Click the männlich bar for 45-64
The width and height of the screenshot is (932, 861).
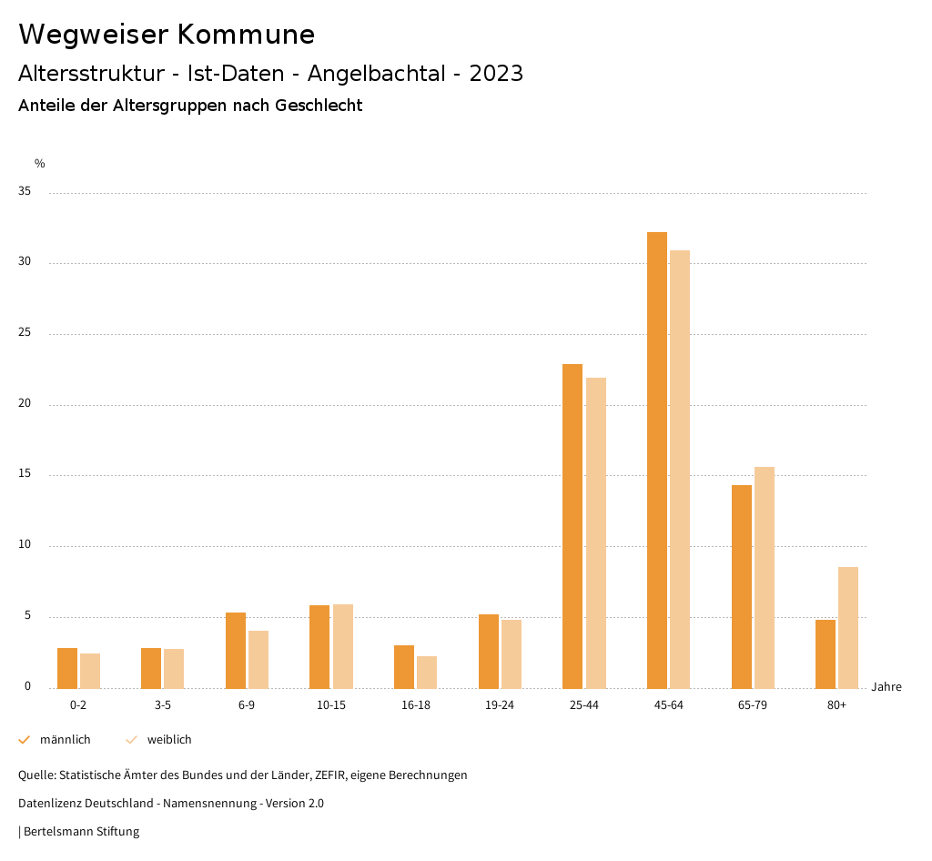coord(657,460)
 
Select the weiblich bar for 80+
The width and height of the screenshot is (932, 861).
coord(848,627)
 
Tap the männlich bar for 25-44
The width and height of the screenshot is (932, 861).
coord(572,526)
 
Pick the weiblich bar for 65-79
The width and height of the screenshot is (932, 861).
coord(765,577)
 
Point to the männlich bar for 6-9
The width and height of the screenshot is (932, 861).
coord(236,650)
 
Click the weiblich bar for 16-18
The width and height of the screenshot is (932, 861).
coord(427,672)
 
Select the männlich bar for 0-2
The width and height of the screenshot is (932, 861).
coord(67,668)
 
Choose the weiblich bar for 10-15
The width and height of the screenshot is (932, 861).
coord(343,646)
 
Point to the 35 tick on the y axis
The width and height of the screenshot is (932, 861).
coord(25,192)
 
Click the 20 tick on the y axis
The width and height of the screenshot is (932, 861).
coord(25,404)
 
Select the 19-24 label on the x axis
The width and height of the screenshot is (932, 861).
coord(500,705)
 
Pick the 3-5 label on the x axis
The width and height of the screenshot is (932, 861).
coord(163,705)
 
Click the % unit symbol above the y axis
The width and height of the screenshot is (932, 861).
coord(40,164)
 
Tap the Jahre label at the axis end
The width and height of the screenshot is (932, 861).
coord(886,687)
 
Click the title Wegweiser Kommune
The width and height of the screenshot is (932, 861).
coord(167,35)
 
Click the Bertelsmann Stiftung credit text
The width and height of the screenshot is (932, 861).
coord(81,832)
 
